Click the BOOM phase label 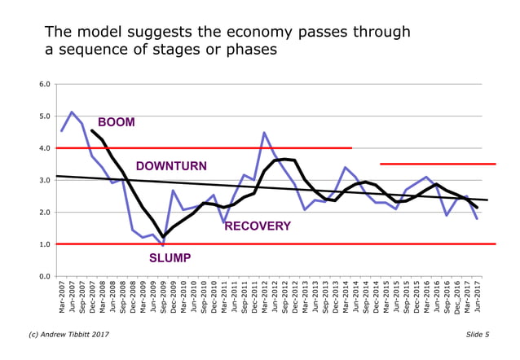(117, 122)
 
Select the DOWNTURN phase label (171, 166)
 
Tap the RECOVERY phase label (258, 226)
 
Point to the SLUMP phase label (170, 258)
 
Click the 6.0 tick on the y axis (46, 84)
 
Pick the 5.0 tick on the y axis (46, 116)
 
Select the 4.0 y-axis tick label (46, 148)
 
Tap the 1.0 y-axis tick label (46, 244)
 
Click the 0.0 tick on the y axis (46, 276)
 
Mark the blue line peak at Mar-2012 (264, 132)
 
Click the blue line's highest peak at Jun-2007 (72, 112)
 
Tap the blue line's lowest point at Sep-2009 (162, 245)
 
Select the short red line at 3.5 (437, 165)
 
